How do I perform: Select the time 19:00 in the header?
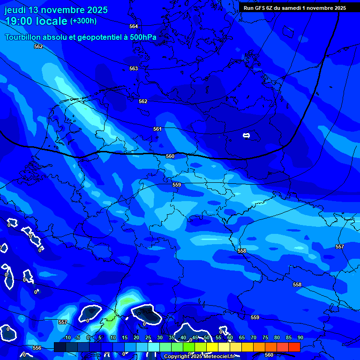click(x=20, y=21)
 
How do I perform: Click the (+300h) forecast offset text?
click(x=83, y=21)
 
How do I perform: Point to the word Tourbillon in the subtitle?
click(x=26, y=37)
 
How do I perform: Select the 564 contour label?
click(x=134, y=26)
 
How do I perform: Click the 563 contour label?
click(x=134, y=68)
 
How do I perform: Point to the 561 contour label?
click(x=157, y=129)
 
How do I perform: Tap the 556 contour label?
click(x=37, y=348)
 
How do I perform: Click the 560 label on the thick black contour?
click(x=170, y=156)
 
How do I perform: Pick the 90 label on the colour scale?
click(x=300, y=337)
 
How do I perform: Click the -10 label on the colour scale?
click(x=67, y=337)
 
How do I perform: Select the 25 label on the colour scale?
click(x=148, y=337)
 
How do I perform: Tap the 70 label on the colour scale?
click(x=253, y=337)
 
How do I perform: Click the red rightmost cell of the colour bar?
click(x=294, y=347)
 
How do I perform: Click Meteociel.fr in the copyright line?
click(x=218, y=357)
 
